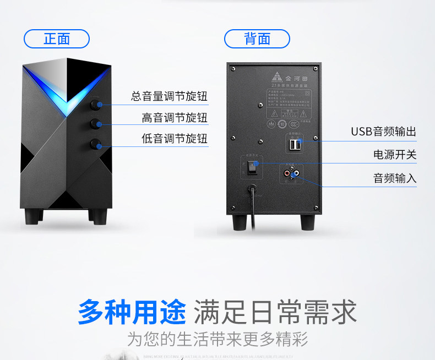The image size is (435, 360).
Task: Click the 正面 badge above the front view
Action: click(x=57, y=39)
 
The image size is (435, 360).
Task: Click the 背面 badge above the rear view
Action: click(x=257, y=39)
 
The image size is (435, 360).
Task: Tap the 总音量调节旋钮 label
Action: click(x=169, y=97)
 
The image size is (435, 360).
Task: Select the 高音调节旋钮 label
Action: click(x=175, y=118)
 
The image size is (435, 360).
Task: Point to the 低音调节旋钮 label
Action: click(x=175, y=139)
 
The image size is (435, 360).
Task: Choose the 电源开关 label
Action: click(x=395, y=155)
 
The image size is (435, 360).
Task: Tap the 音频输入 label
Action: click(x=395, y=178)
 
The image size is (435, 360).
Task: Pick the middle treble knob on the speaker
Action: click(x=96, y=123)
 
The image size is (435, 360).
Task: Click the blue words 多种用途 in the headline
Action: click(x=132, y=312)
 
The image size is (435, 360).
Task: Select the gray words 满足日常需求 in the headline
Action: click(x=275, y=312)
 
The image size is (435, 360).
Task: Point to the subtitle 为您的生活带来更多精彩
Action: click(x=218, y=338)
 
